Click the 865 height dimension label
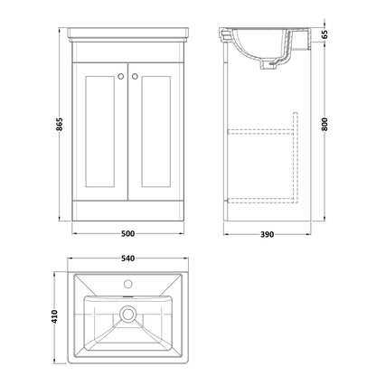[60, 124]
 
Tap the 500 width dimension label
[127, 233]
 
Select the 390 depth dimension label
[267, 234]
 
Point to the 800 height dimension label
[324, 124]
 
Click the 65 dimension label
[324, 34]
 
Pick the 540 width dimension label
[128, 258]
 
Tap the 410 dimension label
[54, 316]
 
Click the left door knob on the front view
[121, 77]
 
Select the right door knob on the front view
[135, 77]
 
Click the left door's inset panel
[99, 131]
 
